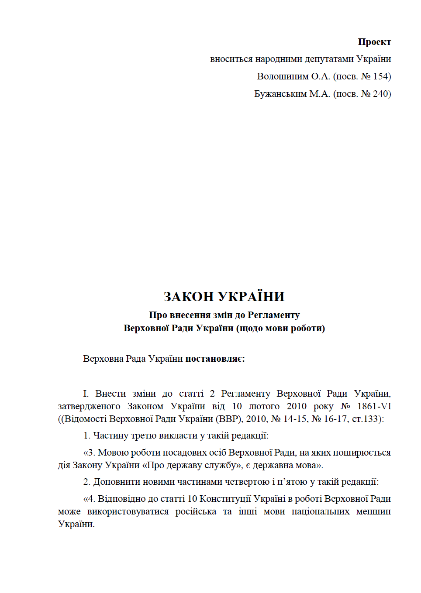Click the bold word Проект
point(374,42)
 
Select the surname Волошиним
point(282,76)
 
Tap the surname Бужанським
point(280,94)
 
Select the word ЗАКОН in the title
point(189,297)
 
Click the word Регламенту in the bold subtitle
point(273,315)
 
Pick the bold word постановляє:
point(215,359)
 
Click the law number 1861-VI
point(374,406)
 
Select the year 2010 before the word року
point(297,406)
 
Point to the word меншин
point(373,511)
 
